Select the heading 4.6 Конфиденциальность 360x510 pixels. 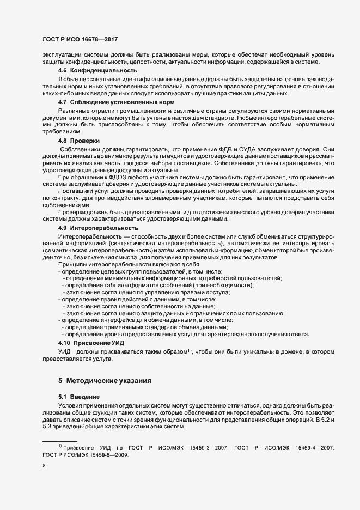[x=97, y=70]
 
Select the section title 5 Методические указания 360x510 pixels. [x=105, y=379]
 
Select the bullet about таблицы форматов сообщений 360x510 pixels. [x=158, y=285]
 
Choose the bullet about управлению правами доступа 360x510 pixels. [x=147, y=292]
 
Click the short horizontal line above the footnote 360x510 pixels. [x=60, y=440]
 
